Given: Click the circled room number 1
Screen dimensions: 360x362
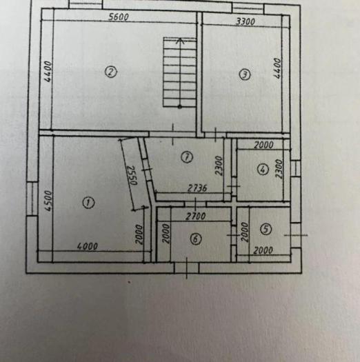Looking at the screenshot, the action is tap(88, 203).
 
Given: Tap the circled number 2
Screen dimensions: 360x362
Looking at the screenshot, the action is tap(110, 72).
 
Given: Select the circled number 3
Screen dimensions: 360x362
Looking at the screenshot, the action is tap(245, 74).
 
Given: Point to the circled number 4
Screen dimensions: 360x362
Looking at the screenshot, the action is tap(263, 170).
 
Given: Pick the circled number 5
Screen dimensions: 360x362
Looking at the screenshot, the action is tap(266, 229).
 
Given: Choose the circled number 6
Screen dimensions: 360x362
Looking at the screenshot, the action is tap(196, 239).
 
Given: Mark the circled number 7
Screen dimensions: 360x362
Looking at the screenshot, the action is tap(187, 157).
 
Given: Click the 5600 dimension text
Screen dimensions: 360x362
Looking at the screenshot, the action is tap(119, 17).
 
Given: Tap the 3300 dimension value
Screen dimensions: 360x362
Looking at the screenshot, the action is tap(246, 21).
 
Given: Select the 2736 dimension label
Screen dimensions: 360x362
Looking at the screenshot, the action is tap(197, 188).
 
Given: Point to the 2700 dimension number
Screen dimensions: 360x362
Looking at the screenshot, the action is tap(196, 217).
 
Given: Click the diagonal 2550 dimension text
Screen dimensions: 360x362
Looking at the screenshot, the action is tap(132, 175).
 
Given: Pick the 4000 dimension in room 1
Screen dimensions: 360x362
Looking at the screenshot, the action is tap(88, 246).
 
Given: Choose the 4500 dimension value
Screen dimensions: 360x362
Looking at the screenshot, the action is tap(48, 201).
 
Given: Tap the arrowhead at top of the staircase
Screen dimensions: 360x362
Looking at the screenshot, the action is tap(180, 41).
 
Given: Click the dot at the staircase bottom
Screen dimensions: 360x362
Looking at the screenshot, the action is tap(180, 106).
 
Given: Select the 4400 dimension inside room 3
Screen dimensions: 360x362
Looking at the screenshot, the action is tap(277, 68).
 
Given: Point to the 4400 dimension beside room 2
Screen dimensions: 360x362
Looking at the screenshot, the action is tap(48, 71).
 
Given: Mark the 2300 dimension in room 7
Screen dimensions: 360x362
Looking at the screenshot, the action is tap(219, 165).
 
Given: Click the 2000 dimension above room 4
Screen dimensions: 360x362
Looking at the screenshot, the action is tap(263, 145).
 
